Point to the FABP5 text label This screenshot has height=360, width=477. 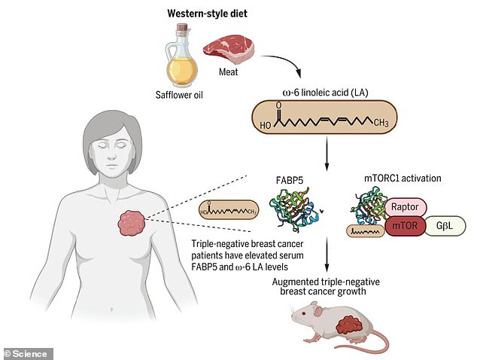coord(296,181)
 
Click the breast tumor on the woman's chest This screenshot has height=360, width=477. coord(135,223)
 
